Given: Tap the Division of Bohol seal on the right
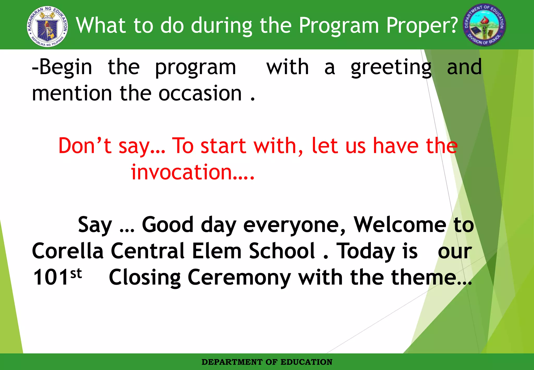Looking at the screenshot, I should click(484, 25).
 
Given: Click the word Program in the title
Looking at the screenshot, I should click(338, 26).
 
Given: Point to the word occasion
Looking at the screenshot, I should click(200, 93).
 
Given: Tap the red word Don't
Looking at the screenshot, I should click(85, 146).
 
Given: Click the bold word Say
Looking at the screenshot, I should click(95, 225).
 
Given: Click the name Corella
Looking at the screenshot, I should click(68, 251).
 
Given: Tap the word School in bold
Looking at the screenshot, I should click(282, 251).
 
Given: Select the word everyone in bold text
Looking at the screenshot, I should click(294, 225).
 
